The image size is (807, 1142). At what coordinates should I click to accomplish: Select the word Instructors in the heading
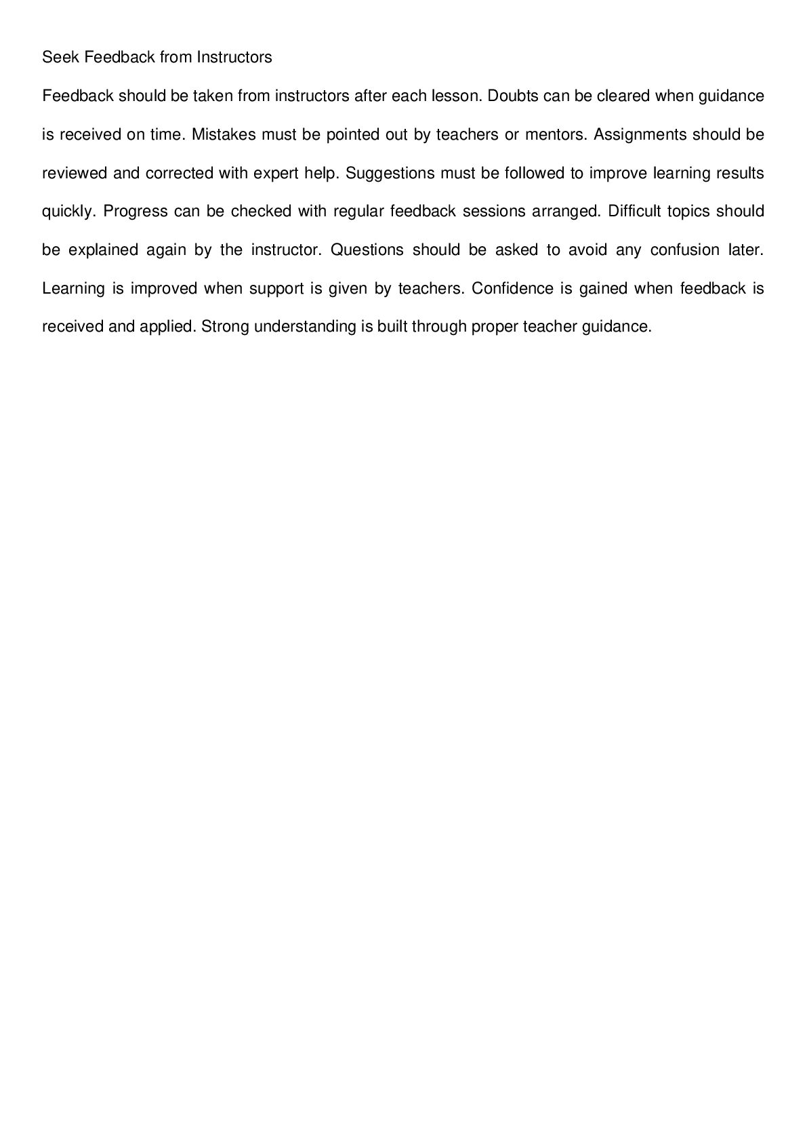234,58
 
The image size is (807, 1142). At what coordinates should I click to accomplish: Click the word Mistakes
224,135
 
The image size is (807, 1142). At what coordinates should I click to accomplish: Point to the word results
740,174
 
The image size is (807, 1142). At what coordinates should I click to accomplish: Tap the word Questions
367,250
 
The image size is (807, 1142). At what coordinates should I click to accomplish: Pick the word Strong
225,327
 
